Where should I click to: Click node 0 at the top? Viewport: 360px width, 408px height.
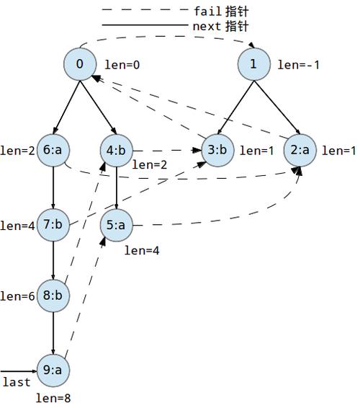click(80, 64)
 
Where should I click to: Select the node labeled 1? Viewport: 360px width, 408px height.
click(254, 64)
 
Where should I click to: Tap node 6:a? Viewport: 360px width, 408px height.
click(53, 151)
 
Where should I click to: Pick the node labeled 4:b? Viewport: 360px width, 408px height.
click(117, 151)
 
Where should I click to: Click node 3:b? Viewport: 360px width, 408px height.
click(218, 151)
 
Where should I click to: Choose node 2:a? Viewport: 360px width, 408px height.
click(300, 151)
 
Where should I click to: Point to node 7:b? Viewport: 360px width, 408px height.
click(53, 225)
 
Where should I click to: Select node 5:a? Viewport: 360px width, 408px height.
click(117, 225)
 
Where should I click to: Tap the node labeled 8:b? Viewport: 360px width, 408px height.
click(53, 296)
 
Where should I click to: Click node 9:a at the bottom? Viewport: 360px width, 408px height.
click(53, 371)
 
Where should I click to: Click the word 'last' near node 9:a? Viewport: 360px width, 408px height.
click(17, 382)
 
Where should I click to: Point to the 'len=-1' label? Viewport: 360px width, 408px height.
click(299, 65)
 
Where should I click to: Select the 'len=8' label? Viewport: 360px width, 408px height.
click(53, 398)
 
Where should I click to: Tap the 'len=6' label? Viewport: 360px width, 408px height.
click(17, 296)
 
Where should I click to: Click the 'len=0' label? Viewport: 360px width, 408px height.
click(122, 65)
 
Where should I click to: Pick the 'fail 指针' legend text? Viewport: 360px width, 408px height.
click(222, 12)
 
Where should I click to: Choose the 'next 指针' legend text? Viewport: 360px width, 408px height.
click(220, 26)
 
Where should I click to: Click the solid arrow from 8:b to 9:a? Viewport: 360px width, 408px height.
click(53, 333)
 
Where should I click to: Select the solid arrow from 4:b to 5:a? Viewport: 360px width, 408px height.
click(117, 188)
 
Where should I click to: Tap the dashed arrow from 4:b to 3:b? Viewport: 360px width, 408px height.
click(167, 151)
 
